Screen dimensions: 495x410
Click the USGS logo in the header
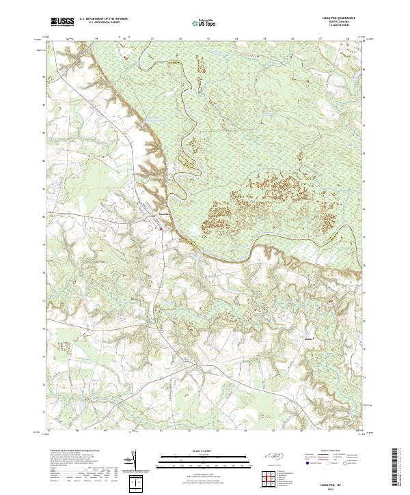[62, 23]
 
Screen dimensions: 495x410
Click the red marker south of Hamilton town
[161, 229]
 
